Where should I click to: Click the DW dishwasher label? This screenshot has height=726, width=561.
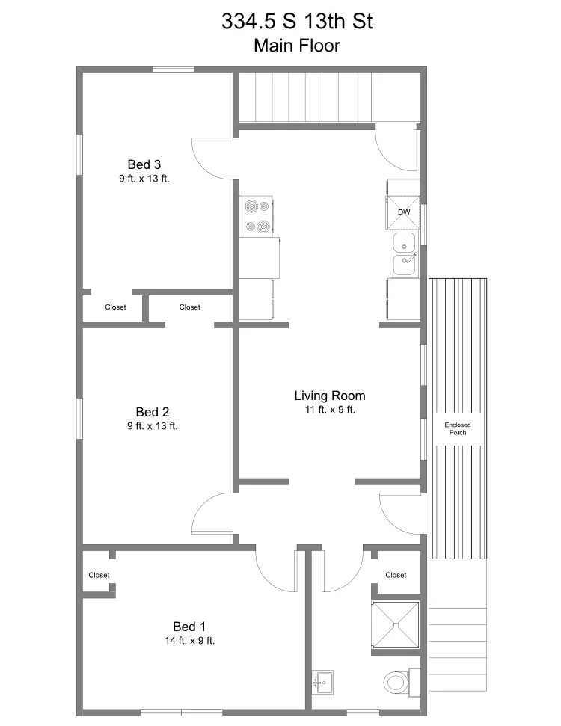[404, 212]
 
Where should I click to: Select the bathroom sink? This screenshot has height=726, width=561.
[322, 683]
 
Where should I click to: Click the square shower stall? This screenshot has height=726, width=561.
[396, 624]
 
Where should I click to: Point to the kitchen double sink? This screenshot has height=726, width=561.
[405, 255]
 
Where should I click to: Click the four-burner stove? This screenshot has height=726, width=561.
[256, 217]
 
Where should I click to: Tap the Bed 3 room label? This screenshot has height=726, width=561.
[144, 164]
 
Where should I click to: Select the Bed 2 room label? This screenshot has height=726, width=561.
[153, 412]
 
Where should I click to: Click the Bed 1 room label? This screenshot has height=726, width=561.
[189, 627]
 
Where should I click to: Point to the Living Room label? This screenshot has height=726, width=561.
[330, 396]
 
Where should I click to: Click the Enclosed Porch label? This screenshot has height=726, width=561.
[458, 428]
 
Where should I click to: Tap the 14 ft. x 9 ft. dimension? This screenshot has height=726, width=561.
[190, 641]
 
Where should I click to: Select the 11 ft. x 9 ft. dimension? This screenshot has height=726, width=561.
[330, 410]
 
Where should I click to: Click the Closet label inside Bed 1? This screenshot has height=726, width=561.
[99, 575]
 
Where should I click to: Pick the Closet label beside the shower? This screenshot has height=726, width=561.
[396, 575]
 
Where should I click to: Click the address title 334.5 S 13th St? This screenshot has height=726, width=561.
[297, 21]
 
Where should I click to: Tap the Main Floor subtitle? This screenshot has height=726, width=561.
[297, 46]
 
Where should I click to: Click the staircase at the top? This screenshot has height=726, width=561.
[307, 97]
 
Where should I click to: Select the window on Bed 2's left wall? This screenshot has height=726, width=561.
[80, 419]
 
